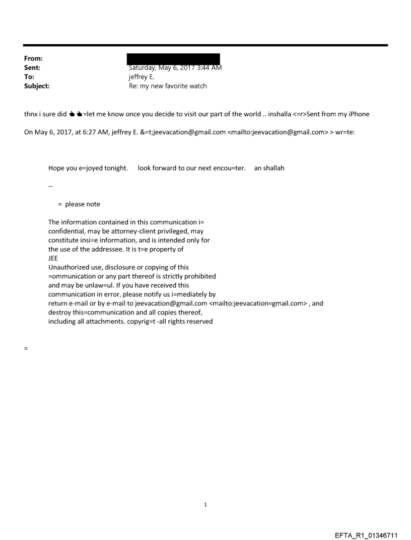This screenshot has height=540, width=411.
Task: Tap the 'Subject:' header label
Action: [x=36, y=86]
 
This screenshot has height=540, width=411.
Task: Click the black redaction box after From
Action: [x=173, y=59]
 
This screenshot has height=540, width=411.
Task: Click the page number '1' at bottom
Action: [x=205, y=504]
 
